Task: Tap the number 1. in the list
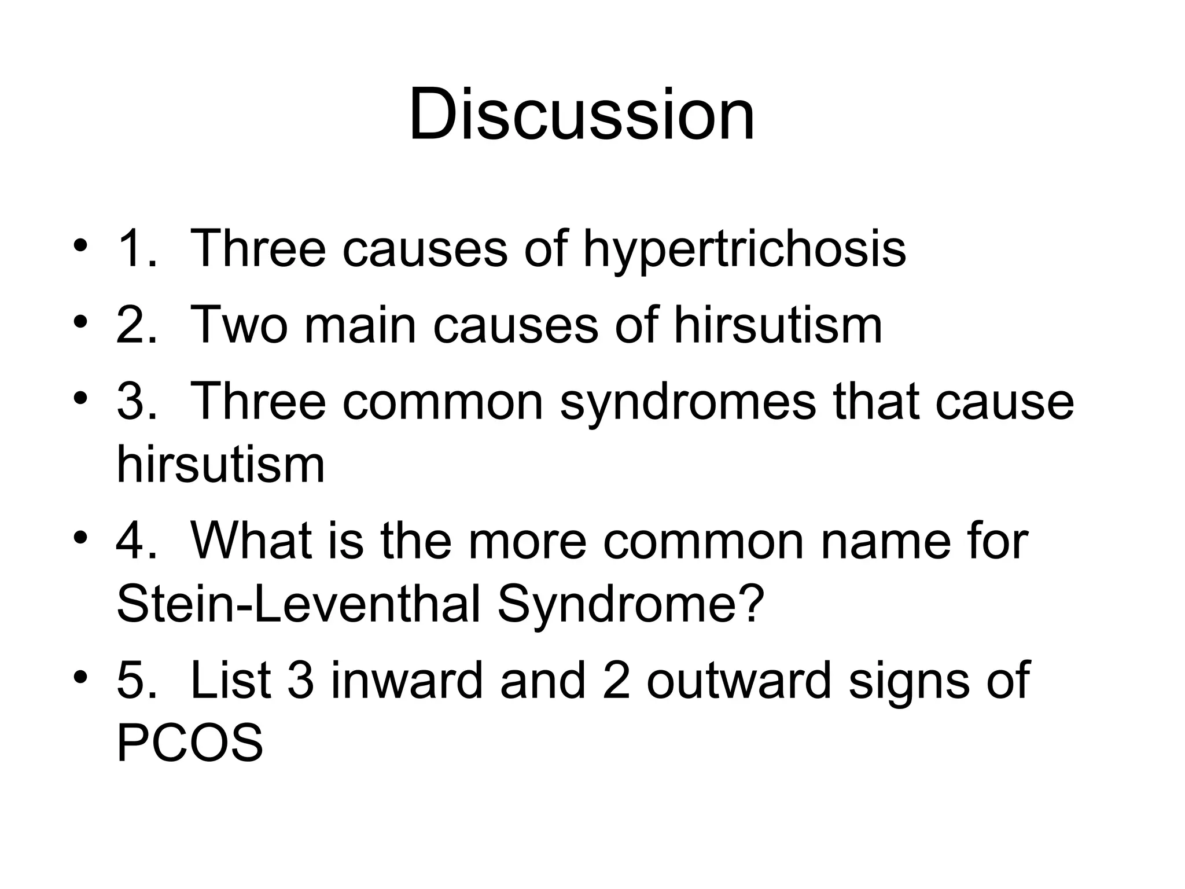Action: pos(137,249)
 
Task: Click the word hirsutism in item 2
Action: pos(778,325)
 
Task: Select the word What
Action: pos(252,541)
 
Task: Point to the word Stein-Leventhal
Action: pos(299,605)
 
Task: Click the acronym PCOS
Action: pos(190,743)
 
